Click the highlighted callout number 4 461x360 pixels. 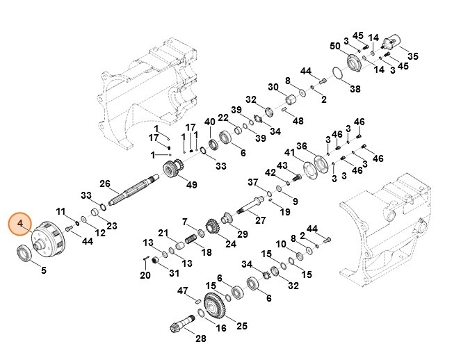click(21, 224)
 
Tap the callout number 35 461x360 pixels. click(412, 56)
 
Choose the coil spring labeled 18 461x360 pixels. click(186, 243)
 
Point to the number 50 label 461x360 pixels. click(334, 46)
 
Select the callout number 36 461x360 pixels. click(301, 146)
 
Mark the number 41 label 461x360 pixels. click(289, 152)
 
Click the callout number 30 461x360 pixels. click(273, 87)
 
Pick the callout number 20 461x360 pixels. click(145, 275)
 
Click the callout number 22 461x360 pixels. click(223, 117)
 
